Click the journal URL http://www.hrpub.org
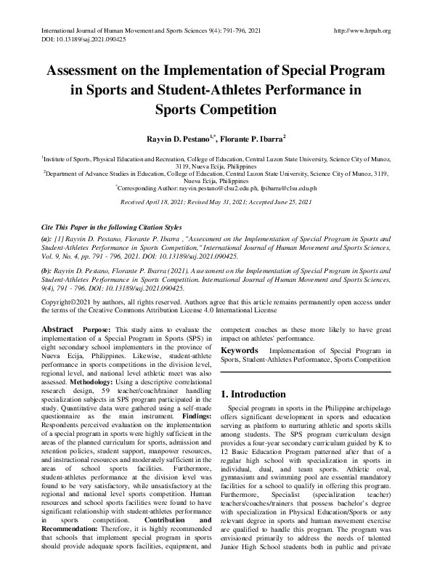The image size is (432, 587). (x=361, y=31)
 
